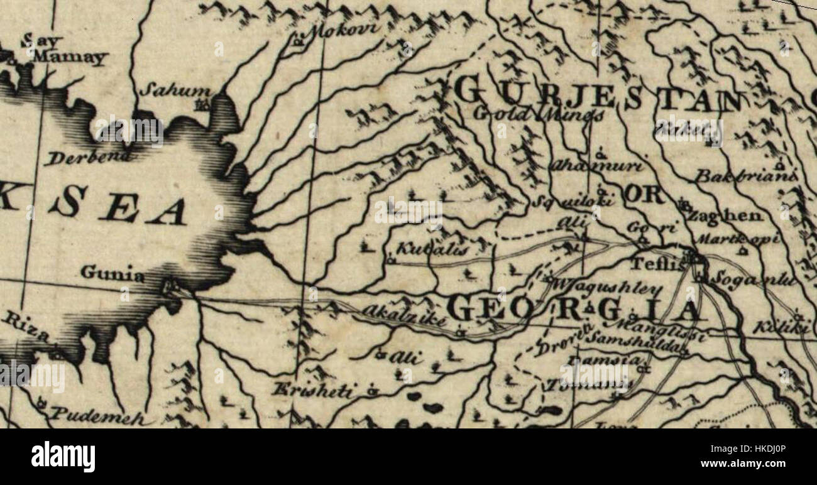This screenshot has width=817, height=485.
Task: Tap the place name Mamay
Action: point(70,57)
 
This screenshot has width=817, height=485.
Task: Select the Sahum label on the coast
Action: point(167,89)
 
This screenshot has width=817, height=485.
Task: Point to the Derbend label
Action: point(88,156)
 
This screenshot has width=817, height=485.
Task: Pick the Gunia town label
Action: point(112,274)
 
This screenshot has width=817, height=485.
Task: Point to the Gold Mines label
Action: point(539,114)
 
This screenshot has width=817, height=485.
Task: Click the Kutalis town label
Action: point(433,249)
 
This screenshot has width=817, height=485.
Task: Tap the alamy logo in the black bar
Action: point(63,456)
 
